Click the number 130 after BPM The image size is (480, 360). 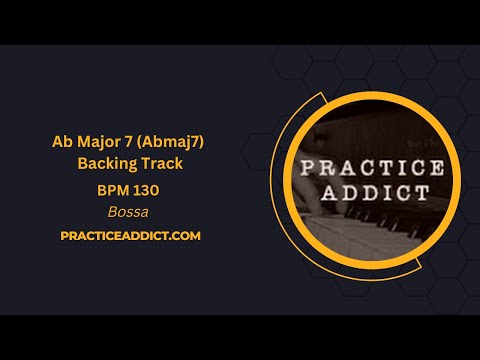pos(145,188)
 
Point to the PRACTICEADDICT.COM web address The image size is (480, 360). pos(130,235)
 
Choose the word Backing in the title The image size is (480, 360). pos(106,164)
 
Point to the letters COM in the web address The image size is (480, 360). pos(187,235)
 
